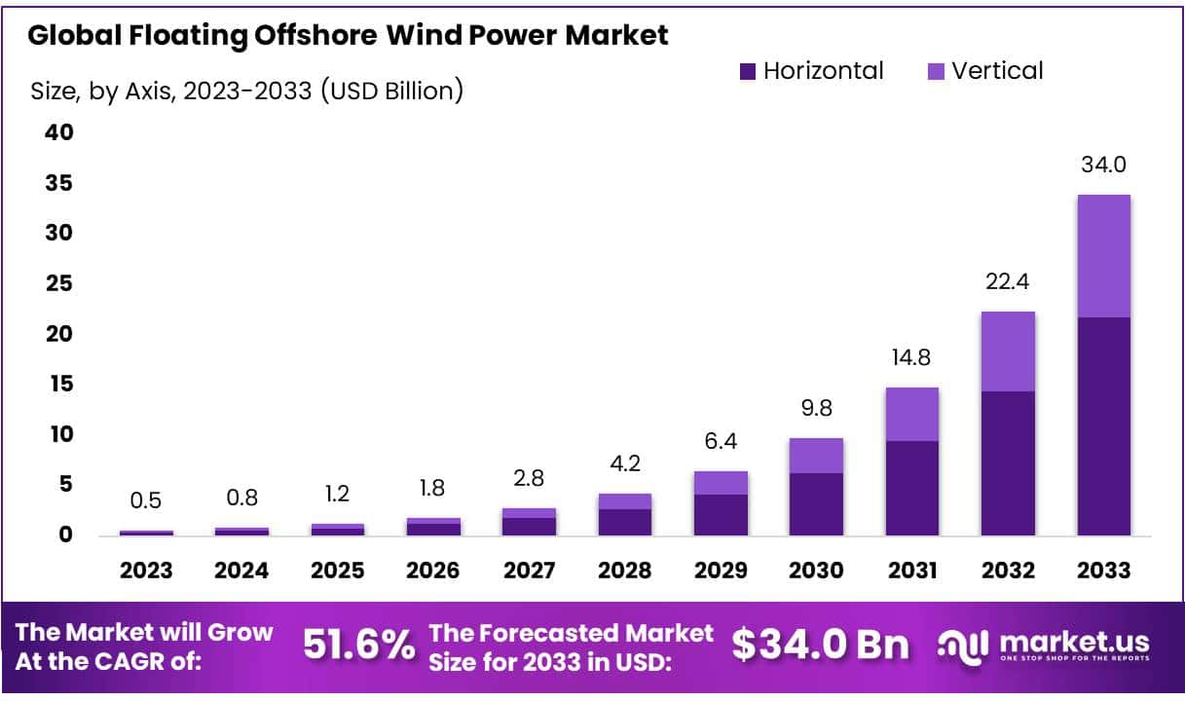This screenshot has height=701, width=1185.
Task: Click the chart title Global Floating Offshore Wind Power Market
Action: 348,36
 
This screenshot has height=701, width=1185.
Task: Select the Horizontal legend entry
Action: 811,71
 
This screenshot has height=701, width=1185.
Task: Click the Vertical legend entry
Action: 984,71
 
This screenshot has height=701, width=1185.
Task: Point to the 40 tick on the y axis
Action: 59,132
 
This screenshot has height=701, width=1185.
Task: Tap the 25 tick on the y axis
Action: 59,283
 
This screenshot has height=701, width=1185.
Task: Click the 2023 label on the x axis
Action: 147,571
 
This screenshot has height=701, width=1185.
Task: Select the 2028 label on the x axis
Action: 625,571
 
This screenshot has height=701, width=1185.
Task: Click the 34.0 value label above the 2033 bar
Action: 1103,165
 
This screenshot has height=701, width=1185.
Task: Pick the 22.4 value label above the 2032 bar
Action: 1008,282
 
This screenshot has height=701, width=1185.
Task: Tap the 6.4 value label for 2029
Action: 721,441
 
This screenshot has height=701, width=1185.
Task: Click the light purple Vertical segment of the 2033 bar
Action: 1103,256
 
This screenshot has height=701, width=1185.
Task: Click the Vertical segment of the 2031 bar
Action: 912,414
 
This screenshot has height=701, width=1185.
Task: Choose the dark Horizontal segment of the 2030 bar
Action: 816,503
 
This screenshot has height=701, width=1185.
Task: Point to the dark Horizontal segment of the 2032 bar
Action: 1008,462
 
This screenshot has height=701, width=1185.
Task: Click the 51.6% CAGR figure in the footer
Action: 359,645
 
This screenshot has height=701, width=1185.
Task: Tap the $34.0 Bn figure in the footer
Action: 821,645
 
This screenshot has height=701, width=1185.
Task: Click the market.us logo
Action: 1044,645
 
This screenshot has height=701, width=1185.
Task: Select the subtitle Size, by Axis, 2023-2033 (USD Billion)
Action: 247,92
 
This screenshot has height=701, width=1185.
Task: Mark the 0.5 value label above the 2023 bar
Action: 147,500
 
